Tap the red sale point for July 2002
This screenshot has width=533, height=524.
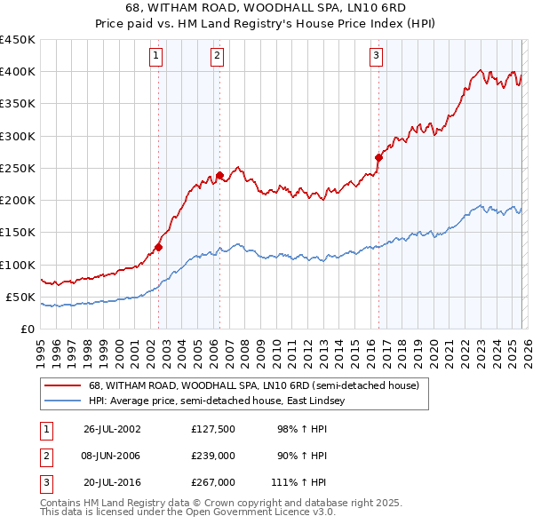click(x=159, y=247)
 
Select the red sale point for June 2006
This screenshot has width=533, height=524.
click(x=219, y=175)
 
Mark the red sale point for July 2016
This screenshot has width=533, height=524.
click(x=378, y=157)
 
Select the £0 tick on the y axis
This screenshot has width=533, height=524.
click(x=28, y=329)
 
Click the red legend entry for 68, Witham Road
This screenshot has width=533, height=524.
click(x=259, y=385)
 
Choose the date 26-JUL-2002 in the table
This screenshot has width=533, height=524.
click(x=112, y=428)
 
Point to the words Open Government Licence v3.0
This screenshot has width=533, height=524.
click(x=267, y=512)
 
